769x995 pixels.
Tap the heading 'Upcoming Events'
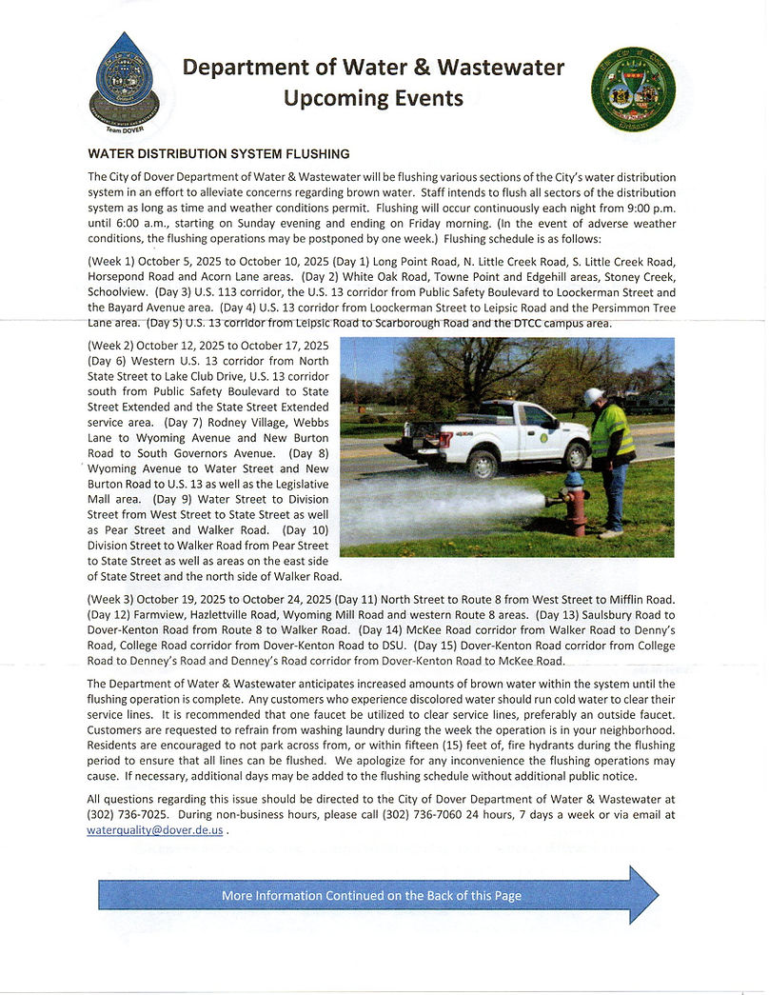pos(373,98)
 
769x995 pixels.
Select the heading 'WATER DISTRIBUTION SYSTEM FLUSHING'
pos(219,153)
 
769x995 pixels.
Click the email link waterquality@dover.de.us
pos(154,830)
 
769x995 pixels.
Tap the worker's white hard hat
pos(594,397)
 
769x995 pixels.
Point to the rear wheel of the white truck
pos(483,464)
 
